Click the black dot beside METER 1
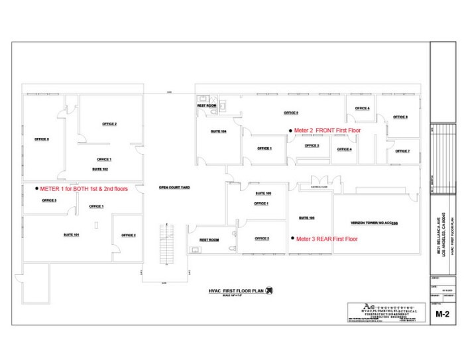click(36, 188)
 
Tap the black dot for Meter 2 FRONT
click(290, 131)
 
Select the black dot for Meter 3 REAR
click(292, 238)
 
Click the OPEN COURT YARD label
click(174, 188)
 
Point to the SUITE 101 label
click(72, 235)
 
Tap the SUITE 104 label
click(219, 131)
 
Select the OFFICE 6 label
click(362, 108)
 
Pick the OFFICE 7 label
click(402, 151)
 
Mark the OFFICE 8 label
click(401, 117)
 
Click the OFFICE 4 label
click(345, 149)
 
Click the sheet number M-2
click(443, 314)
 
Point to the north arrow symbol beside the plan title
click(268, 290)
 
